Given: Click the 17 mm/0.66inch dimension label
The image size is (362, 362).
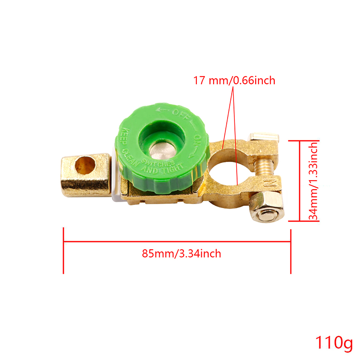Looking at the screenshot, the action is click(x=234, y=81).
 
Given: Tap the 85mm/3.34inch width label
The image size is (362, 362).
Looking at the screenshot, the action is click(x=181, y=253).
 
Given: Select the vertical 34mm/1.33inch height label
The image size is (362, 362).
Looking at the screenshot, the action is click(x=313, y=181).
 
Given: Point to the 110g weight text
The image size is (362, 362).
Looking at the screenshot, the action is click(x=334, y=343).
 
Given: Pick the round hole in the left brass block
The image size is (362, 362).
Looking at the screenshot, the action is click(x=85, y=165).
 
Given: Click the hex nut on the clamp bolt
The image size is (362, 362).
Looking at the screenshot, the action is click(x=267, y=207).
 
